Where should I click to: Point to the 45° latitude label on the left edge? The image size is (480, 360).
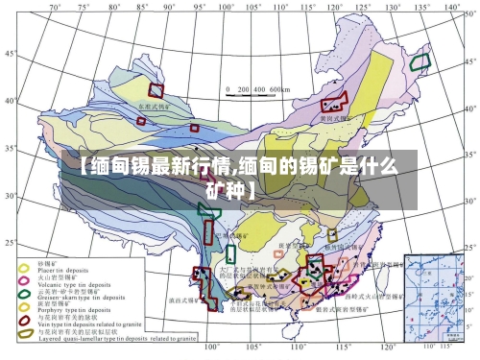click(9, 54)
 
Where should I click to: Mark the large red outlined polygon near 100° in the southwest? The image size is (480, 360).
click(204, 282)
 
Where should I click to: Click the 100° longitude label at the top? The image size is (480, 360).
click(227, 7)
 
